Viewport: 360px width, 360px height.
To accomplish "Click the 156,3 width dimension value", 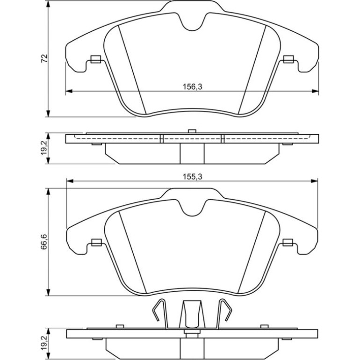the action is tap(193, 87).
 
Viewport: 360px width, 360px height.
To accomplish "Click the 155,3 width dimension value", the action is tap(193, 177).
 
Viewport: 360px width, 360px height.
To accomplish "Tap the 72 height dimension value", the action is tap(44, 58).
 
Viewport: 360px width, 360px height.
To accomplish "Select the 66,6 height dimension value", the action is tap(44, 242).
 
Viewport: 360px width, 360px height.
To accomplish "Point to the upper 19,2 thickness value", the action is tap(44, 148).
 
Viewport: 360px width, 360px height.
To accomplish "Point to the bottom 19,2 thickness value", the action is tap(44, 343).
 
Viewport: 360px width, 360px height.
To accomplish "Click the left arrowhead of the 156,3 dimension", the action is tap(69, 91).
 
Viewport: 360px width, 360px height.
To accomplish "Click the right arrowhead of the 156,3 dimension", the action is tap(316, 91).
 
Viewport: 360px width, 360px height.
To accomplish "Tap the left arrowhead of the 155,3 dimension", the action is tap(70, 181).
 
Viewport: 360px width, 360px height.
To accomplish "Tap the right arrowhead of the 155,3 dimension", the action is tap(314, 181).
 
